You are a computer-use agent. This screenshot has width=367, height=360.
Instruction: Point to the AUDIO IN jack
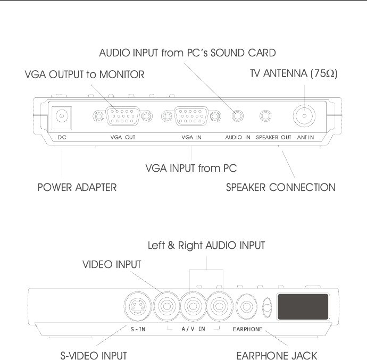[238, 115]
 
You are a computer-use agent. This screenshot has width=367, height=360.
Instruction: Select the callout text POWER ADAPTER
[77, 187]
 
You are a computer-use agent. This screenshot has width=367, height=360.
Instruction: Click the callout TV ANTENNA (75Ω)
[294, 75]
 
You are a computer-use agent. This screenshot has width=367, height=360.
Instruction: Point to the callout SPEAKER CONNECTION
[281, 187]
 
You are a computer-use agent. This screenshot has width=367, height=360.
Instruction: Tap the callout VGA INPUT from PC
[191, 169]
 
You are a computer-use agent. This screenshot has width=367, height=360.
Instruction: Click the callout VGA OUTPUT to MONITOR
[85, 75]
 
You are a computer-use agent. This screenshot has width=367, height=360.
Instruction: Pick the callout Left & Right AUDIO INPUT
[206, 245]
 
